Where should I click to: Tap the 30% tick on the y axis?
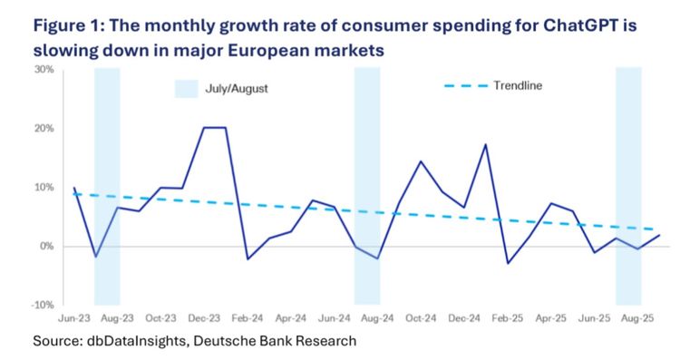(43, 70)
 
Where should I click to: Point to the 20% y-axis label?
(43, 129)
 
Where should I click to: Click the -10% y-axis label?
(42, 305)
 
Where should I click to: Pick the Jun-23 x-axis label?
(73, 320)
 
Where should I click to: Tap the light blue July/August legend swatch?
(186, 88)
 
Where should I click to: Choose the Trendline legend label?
(519, 85)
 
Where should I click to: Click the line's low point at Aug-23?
(95, 257)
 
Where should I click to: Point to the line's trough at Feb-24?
(248, 259)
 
